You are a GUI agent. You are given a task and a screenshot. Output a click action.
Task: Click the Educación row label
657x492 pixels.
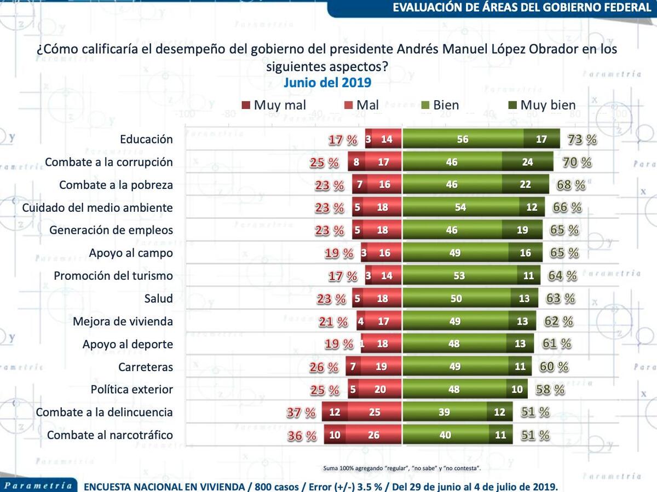click(146, 139)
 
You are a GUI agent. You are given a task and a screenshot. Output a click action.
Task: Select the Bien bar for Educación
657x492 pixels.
click(463, 139)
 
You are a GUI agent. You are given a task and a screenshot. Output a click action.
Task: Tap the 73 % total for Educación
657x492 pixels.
click(582, 139)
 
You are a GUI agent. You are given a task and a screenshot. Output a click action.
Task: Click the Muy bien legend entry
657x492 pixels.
click(541, 105)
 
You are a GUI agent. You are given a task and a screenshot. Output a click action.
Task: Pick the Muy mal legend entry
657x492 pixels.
click(273, 105)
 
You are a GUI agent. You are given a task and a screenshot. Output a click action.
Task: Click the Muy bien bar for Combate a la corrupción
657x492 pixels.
click(527, 162)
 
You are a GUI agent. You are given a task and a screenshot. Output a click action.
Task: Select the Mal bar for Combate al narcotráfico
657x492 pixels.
click(374, 435)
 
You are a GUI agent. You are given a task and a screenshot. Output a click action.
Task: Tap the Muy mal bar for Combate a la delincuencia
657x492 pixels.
click(335, 412)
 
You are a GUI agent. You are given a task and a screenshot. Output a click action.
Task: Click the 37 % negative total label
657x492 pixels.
click(301, 413)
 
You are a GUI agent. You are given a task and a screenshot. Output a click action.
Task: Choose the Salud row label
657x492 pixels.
click(158, 299)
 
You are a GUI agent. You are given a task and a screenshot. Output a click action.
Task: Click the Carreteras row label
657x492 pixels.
click(145, 367)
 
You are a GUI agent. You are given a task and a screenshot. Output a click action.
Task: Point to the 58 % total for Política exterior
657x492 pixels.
click(550, 390)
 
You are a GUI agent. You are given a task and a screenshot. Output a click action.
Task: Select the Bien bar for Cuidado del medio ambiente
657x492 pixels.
click(461, 207)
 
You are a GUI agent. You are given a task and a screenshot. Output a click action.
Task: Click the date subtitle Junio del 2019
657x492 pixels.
click(327, 83)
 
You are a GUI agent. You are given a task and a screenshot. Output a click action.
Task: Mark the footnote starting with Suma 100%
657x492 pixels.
click(402, 468)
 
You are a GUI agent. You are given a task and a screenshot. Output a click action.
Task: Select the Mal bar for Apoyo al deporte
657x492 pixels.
click(382, 344)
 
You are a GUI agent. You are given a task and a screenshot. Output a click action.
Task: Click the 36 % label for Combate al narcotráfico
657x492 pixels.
click(302, 436)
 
